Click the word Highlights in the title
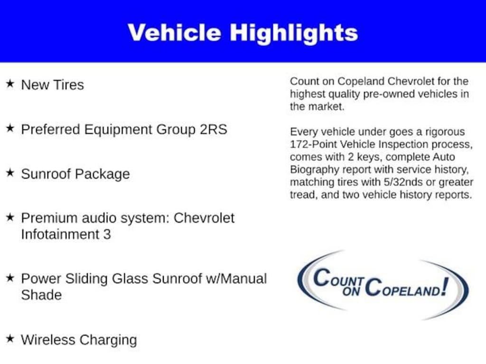click(x=294, y=33)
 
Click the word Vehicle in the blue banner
click(x=174, y=33)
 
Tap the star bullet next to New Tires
click(x=9, y=84)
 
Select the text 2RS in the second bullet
click(x=213, y=129)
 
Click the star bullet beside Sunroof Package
click(x=9, y=173)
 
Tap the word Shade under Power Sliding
click(x=41, y=295)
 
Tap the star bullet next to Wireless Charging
click(x=9, y=339)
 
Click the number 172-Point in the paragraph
click(x=314, y=144)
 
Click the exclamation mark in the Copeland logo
click(x=444, y=286)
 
